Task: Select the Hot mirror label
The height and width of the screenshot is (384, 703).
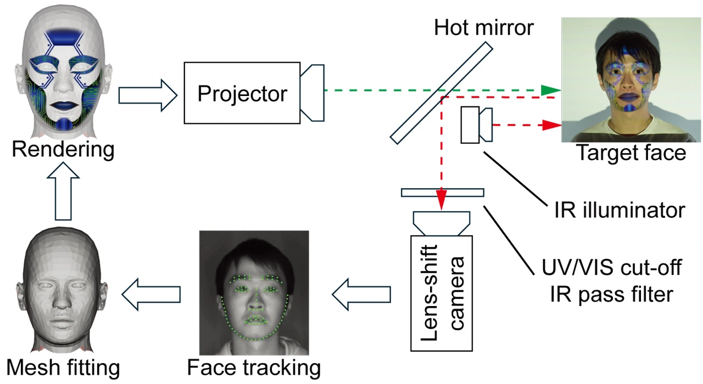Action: pos(483,27)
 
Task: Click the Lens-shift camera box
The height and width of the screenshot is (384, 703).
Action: pos(442,293)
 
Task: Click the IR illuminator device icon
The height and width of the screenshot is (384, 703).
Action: pos(476,125)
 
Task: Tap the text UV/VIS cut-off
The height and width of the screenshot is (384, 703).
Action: pos(611,269)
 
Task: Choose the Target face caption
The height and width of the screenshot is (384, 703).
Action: pos(631,154)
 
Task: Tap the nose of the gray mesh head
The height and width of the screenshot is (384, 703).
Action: pos(60,301)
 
